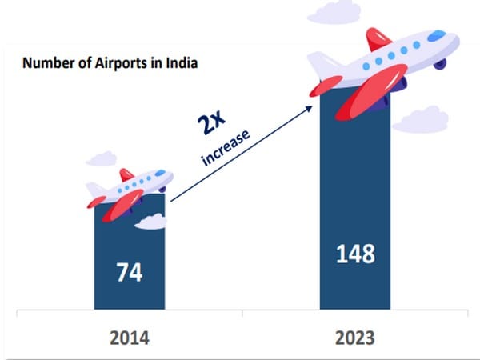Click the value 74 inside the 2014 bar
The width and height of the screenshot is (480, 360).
tap(129, 272)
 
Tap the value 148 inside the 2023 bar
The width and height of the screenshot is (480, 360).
tap(355, 254)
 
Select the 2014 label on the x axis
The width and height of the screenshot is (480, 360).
tap(129, 336)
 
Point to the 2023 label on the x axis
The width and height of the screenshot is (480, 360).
tap(355, 336)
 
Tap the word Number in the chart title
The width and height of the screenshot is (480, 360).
tap(46, 62)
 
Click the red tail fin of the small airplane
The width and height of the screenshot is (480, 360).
tap(126, 174)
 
